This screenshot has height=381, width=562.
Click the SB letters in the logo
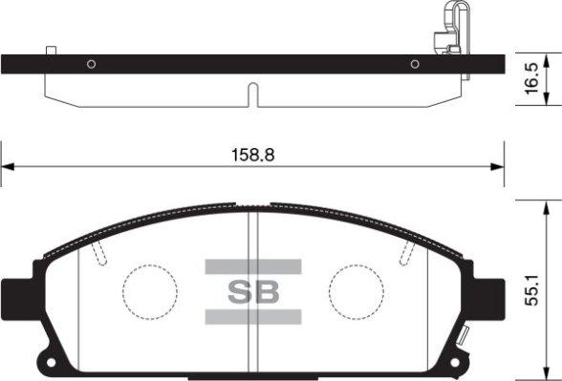(252, 291)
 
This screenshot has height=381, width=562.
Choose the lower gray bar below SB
(252, 316)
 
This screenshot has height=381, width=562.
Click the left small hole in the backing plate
(91, 65)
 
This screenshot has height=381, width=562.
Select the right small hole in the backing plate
(415, 65)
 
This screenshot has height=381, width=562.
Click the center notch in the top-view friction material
(252, 95)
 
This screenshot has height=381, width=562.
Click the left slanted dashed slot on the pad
(99, 252)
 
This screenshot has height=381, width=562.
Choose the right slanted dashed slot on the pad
(408, 252)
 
